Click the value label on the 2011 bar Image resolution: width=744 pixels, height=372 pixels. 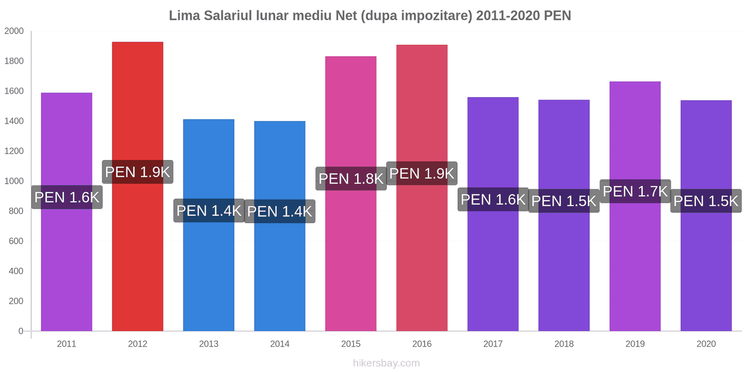pos(67,197)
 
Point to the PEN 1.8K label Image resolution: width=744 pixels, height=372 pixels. pos(351,179)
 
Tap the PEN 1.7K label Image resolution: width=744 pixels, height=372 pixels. pos(635,191)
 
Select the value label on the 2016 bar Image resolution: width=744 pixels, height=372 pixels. pos(422,173)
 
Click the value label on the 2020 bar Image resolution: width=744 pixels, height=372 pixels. pos(706,201)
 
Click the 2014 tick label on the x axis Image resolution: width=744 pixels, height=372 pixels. pos(280,344)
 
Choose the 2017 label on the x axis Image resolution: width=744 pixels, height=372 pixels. pos(493,344)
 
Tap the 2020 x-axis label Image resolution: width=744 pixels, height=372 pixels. pos(706,344)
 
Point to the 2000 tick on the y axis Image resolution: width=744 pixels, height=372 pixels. pos(14,31)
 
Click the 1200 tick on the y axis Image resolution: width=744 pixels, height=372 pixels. pos(14,151)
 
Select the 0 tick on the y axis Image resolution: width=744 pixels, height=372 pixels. pos(20,331)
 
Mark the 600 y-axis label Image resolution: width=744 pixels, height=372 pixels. pos(16,241)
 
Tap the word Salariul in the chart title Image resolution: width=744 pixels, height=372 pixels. pos(228,16)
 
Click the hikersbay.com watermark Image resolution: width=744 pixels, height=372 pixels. pos(386,363)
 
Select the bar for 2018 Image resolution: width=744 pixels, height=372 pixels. pos(564,270)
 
